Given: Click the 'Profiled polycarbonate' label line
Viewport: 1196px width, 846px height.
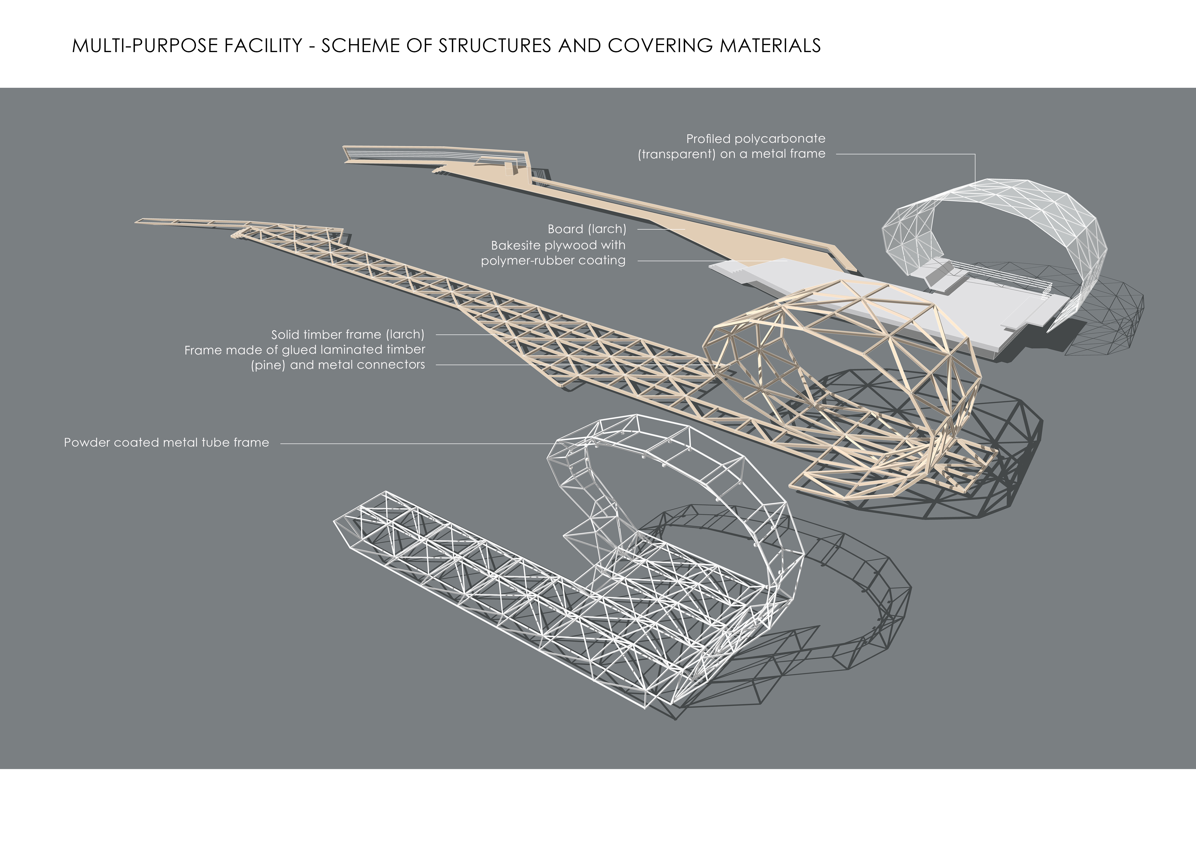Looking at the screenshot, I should [755, 139].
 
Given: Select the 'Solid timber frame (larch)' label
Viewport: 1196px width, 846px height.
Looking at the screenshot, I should [347, 334].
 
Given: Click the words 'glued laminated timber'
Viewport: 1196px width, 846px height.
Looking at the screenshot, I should [353, 349].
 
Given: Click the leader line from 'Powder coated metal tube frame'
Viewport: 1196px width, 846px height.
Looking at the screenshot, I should [417, 444].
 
